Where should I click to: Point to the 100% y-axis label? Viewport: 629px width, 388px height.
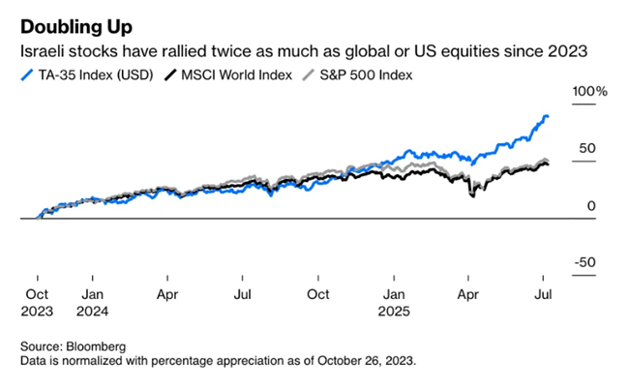pyautogui.click(x=590, y=91)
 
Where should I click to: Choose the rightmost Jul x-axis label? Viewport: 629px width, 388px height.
pyautogui.click(x=544, y=292)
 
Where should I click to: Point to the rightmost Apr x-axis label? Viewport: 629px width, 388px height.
pyautogui.click(x=468, y=292)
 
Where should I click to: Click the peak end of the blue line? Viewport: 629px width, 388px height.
pyautogui.click(x=546, y=116)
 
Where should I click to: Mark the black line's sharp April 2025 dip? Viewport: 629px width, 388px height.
pyautogui.click(x=472, y=196)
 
